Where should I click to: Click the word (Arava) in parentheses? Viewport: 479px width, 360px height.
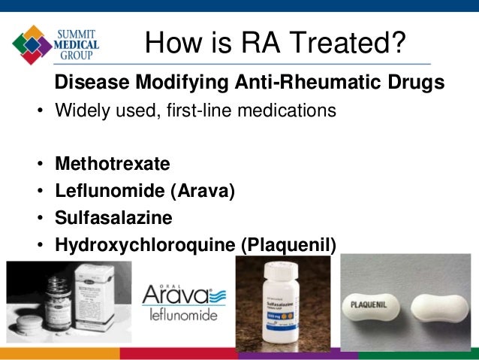pyautogui.click(x=202, y=191)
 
